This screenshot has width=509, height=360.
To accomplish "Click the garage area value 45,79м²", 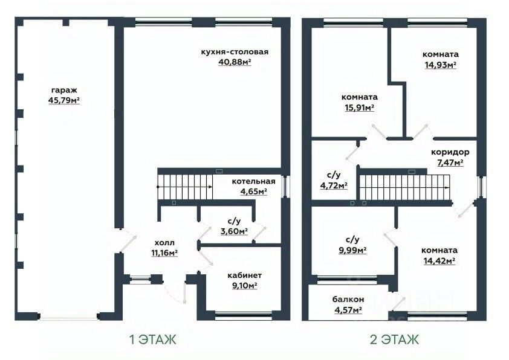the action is pyautogui.click(x=64, y=100).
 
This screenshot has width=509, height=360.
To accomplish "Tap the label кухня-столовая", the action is pyautogui.click(x=235, y=52).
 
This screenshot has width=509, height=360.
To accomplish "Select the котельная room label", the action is pyautogui.click(x=253, y=181).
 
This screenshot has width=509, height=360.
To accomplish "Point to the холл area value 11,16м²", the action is pyautogui.click(x=164, y=252).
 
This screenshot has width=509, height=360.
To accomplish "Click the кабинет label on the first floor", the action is pyautogui.click(x=244, y=275).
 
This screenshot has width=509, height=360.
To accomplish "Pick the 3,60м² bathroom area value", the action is pyautogui.click(x=234, y=231).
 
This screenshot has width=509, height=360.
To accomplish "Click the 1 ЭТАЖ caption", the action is pyautogui.click(x=153, y=340).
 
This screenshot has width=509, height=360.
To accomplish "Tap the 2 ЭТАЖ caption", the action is pyautogui.click(x=394, y=340).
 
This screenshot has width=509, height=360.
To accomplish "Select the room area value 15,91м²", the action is pyautogui.click(x=359, y=108).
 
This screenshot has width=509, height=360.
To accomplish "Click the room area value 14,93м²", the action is pyautogui.click(x=441, y=65).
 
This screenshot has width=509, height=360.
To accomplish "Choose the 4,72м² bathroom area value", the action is pyautogui.click(x=334, y=186).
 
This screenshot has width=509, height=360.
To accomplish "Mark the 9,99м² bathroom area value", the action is pyautogui.click(x=352, y=250).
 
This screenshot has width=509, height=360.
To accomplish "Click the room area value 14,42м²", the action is pyautogui.click(x=439, y=261).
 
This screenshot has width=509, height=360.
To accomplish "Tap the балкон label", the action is pyautogui.click(x=348, y=300).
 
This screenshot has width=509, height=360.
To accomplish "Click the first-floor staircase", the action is pyautogui.click(x=186, y=187).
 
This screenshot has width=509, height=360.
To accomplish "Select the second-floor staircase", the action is pyautogui.click(x=405, y=187).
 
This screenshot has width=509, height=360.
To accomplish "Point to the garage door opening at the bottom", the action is pyautogui.click(x=68, y=317).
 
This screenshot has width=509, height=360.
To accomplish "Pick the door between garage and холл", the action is pyautogui.click(x=127, y=240).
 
